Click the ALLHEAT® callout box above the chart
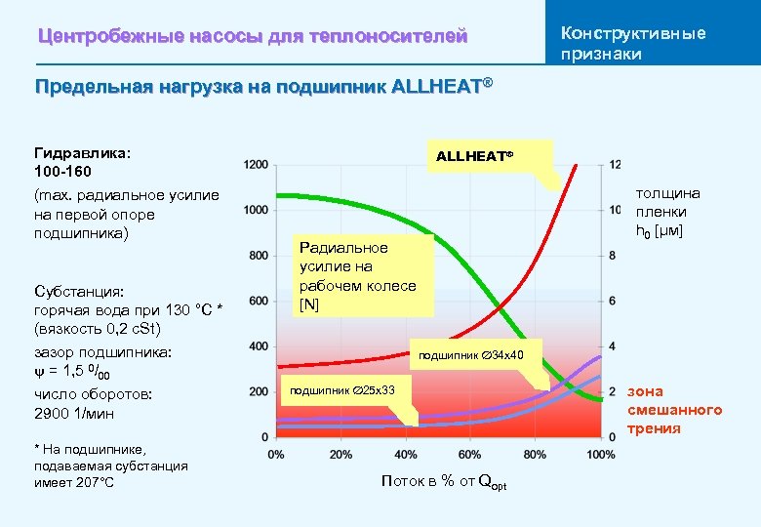475,155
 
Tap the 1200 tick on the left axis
257,165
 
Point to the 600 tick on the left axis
259,301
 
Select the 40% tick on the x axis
406,455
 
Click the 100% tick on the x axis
601,455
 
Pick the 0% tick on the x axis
276,455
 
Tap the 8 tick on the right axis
613,256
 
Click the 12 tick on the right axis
615,165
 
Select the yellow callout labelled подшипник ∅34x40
472,354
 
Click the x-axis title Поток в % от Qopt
444,482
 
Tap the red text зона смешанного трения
674,410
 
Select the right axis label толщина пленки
661,212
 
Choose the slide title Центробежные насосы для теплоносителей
253,37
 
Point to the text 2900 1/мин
74,413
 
